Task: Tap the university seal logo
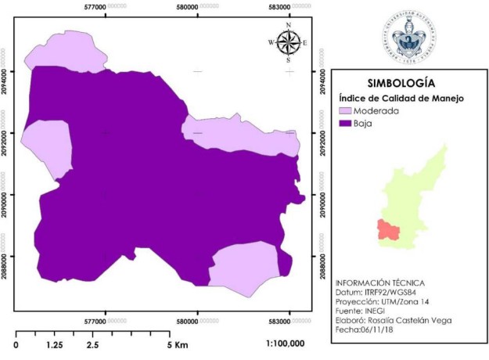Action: point(409,37)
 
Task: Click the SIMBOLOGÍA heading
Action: point(401,82)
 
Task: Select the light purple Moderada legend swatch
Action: point(343,111)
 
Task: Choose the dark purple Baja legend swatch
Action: point(343,124)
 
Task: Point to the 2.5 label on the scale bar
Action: point(92,344)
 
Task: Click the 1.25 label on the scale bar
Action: point(55,344)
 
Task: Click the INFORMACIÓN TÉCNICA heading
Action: point(377,282)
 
